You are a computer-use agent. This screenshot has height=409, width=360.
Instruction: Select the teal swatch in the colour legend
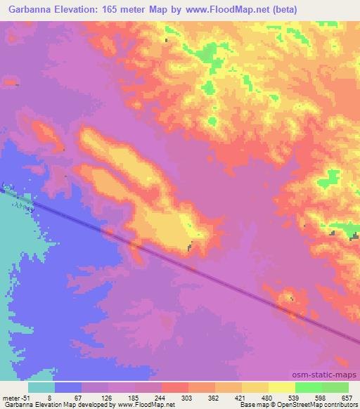pos(41,387)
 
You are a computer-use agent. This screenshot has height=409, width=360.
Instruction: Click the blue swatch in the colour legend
pos(68,387)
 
